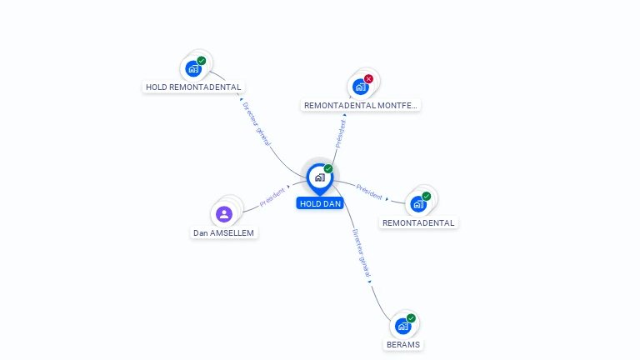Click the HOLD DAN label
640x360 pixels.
(x=320, y=203)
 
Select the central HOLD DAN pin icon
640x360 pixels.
(x=320, y=179)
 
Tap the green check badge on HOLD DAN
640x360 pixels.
(x=328, y=168)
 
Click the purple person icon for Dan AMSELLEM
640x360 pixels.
(x=224, y=214)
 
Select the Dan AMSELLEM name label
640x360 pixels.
(x=223, y=233)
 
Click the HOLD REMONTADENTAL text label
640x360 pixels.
(x=193, y=87)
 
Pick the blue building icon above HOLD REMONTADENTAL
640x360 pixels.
(x=193, y=68)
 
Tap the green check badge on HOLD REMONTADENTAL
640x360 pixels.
(x=201, y=60)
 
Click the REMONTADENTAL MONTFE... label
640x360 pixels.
(x=360, y=105)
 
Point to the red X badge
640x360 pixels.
(x=368, y=79)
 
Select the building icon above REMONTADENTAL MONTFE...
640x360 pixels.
(x=360, y=87)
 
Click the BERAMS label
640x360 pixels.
(x=403, y=344)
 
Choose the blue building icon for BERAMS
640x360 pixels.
(x=402, y=326)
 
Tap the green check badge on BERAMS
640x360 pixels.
(x=411, y=318)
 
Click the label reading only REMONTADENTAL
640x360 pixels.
(x=418, y=222)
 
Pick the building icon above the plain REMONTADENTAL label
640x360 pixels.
(x=418, y=204)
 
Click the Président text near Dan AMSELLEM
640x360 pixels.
(x=272, y=197)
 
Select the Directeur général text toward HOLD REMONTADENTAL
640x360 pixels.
(x=257, y=124)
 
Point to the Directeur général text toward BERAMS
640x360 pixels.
(x=362, y=253)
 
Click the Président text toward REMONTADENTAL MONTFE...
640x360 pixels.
(x=340, y=134)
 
